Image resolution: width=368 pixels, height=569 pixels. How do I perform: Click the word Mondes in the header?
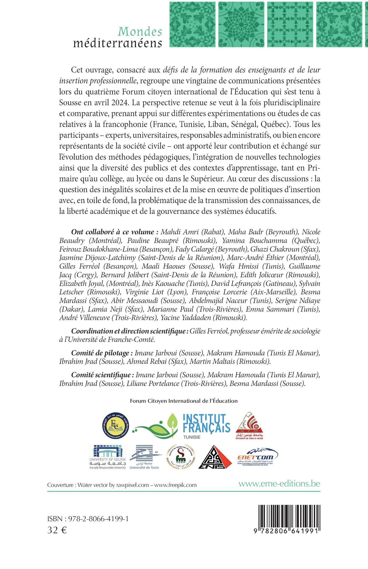tap(140, 32)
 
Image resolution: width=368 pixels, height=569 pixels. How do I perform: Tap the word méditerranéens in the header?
tap(117, 43)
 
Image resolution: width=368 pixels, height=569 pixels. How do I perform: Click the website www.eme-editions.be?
tap(279, 483)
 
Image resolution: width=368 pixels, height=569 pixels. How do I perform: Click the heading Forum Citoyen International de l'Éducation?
tap(184, 401)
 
